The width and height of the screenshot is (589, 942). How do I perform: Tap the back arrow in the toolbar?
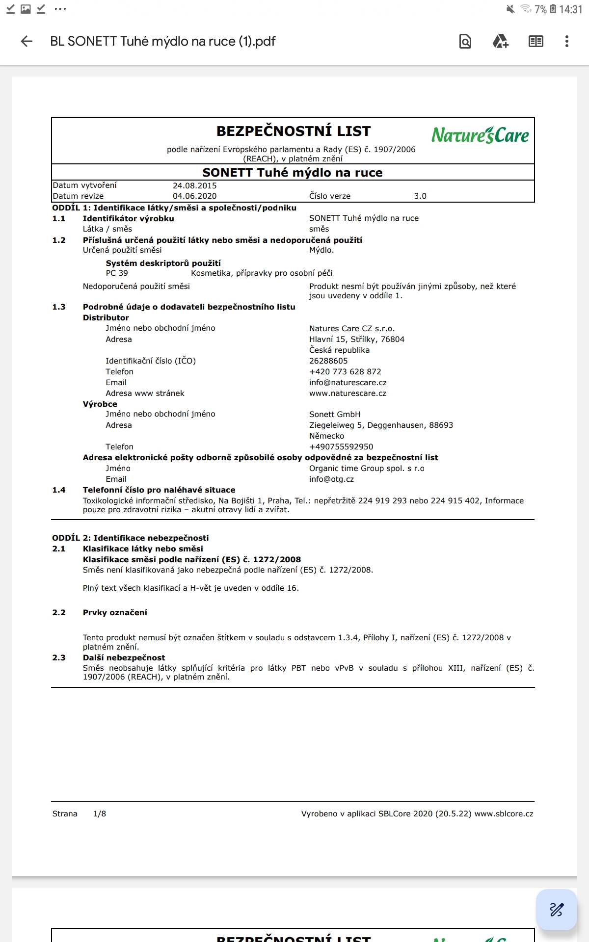27,41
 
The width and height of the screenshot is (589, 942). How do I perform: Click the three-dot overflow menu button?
566,41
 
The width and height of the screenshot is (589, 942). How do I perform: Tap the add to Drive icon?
500,41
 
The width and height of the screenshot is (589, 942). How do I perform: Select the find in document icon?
465,41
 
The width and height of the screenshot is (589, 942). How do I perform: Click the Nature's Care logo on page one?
480,135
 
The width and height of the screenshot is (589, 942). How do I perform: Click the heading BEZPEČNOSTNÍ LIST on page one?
294,131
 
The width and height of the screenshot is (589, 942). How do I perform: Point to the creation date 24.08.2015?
194,185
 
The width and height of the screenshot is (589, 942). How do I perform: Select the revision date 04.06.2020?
194,196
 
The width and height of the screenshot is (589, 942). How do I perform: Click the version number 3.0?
420,196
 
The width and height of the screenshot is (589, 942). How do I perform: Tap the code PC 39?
117,273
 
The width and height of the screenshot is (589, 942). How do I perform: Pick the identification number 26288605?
328,361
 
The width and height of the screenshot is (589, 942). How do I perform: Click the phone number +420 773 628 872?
345,372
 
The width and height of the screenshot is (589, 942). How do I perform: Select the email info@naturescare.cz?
348,383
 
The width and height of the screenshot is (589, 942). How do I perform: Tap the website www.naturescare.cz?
348,393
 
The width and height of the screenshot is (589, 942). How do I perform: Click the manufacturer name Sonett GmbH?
335,415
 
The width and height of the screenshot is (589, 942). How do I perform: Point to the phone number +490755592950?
341,447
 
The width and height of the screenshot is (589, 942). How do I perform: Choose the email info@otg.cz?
331,479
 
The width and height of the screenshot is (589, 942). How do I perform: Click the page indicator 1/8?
100,814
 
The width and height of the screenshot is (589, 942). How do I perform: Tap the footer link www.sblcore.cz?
504,814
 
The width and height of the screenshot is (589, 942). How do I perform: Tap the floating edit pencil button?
556,910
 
